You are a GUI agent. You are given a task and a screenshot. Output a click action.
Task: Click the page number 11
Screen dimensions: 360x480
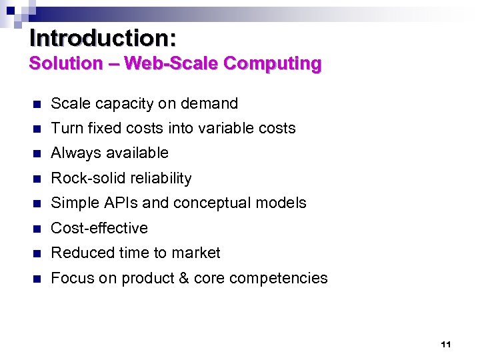point(446,345)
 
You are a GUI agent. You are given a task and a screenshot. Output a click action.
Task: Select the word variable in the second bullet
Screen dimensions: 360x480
point(226,128)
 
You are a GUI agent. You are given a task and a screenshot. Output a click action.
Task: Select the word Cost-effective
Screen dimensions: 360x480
point(99,228)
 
